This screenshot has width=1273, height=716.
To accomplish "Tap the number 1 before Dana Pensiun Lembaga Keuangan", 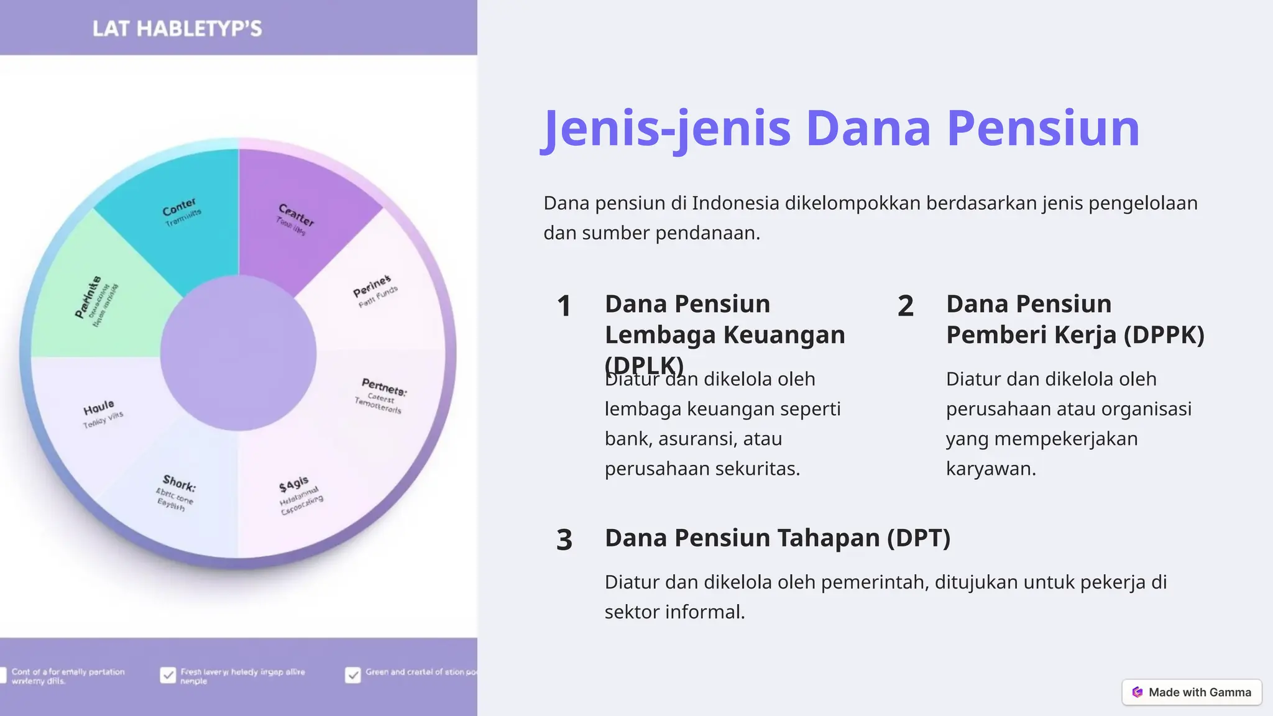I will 564,306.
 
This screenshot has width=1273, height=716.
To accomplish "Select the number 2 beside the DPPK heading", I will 905,306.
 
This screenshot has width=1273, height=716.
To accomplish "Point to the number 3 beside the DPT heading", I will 564,539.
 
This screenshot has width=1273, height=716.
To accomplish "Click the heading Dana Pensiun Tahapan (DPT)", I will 777,538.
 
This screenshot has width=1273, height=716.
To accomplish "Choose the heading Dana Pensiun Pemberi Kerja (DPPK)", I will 1075,319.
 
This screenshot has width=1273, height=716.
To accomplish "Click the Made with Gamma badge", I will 1192,692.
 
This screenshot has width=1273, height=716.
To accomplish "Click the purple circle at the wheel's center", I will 238,353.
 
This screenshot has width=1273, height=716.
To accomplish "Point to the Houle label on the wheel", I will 99,408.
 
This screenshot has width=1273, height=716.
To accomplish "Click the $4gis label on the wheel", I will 293,484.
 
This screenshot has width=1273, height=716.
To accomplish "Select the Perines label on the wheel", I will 372,286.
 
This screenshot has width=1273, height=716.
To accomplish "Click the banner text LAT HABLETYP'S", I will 177,29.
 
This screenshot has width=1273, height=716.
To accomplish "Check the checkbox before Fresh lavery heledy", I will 168,676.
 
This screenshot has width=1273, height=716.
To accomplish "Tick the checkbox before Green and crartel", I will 352,676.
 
